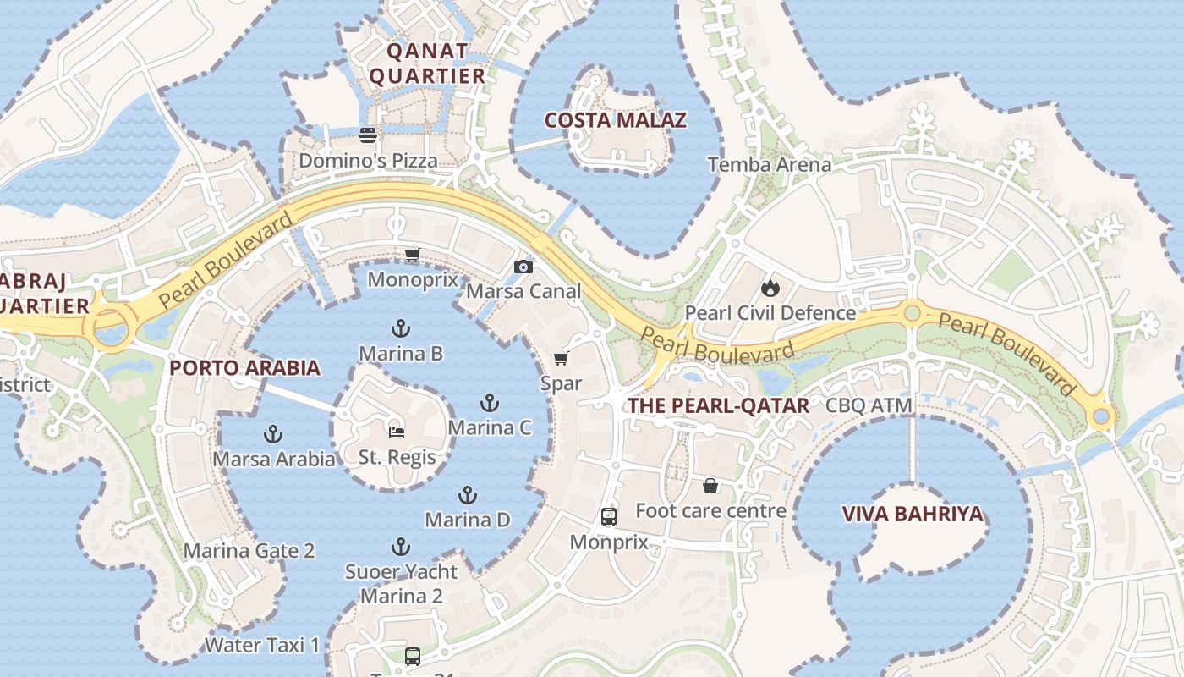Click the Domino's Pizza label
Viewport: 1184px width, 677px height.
point(369,160)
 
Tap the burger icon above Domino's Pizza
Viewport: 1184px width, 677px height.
point(368,135)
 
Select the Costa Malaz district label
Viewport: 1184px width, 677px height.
point(615,120)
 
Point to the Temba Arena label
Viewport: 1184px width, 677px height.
point(770,164)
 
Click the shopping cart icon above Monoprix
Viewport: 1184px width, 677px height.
point(413,255)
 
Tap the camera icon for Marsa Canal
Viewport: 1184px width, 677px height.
point(523,267)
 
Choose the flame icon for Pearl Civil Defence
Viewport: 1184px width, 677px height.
point(770,288)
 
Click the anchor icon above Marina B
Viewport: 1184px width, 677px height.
point(401,328)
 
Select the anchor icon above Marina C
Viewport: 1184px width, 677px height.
point(490,403)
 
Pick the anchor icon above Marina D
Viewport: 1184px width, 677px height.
point(468,495)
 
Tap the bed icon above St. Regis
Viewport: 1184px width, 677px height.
point(397,432)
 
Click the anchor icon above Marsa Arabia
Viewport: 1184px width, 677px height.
point(273,434)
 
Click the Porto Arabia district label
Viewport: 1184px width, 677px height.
point(244,368)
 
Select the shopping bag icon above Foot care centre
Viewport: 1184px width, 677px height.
point(710,486)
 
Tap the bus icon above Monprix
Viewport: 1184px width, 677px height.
point(609,517)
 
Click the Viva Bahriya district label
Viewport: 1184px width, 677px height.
point(913,514)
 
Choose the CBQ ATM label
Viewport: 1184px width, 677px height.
point(869,405)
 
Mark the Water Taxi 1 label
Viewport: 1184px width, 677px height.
point(262,645)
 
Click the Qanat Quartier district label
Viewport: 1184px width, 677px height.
point(428,63)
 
